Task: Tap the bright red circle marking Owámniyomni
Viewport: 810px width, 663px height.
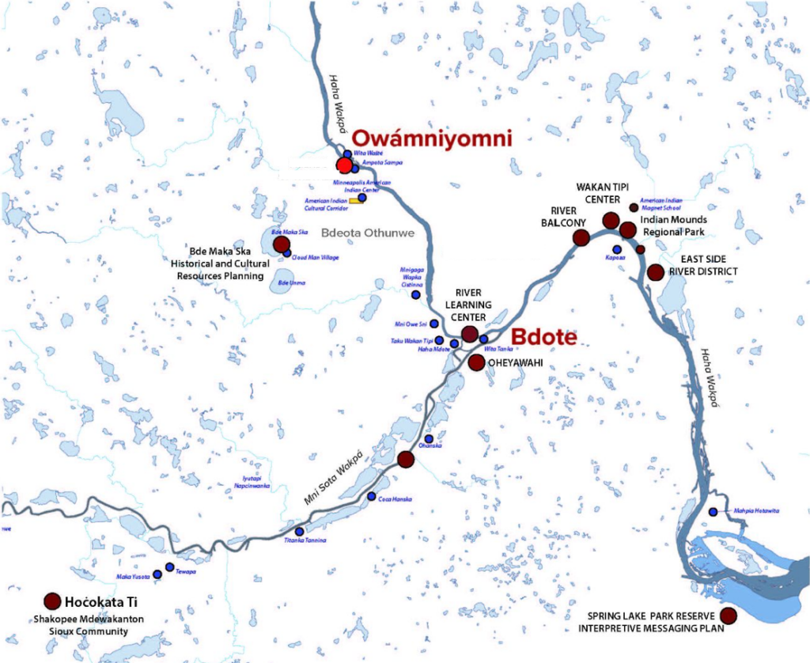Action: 344,165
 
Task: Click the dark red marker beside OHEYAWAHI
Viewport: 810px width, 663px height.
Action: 476,362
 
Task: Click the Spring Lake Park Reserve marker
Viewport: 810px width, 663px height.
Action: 728,616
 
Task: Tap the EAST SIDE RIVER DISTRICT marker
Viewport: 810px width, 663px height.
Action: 655,272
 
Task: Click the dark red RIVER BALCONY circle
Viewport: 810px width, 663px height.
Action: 581,237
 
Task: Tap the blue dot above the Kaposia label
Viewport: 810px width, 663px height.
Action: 616,249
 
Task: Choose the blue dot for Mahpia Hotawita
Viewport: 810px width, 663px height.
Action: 713,512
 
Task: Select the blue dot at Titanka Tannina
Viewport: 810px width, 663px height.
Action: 299,532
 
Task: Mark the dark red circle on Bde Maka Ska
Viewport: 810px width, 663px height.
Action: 281,244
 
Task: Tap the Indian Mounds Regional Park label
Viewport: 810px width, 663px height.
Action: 674,225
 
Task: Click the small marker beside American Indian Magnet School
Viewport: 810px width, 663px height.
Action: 633,208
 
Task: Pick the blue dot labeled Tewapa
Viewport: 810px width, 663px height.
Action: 169,567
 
